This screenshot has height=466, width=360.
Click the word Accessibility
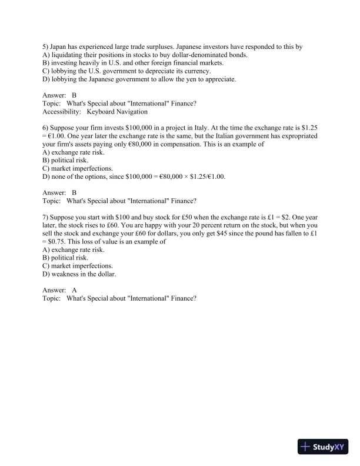tap(62, 111)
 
